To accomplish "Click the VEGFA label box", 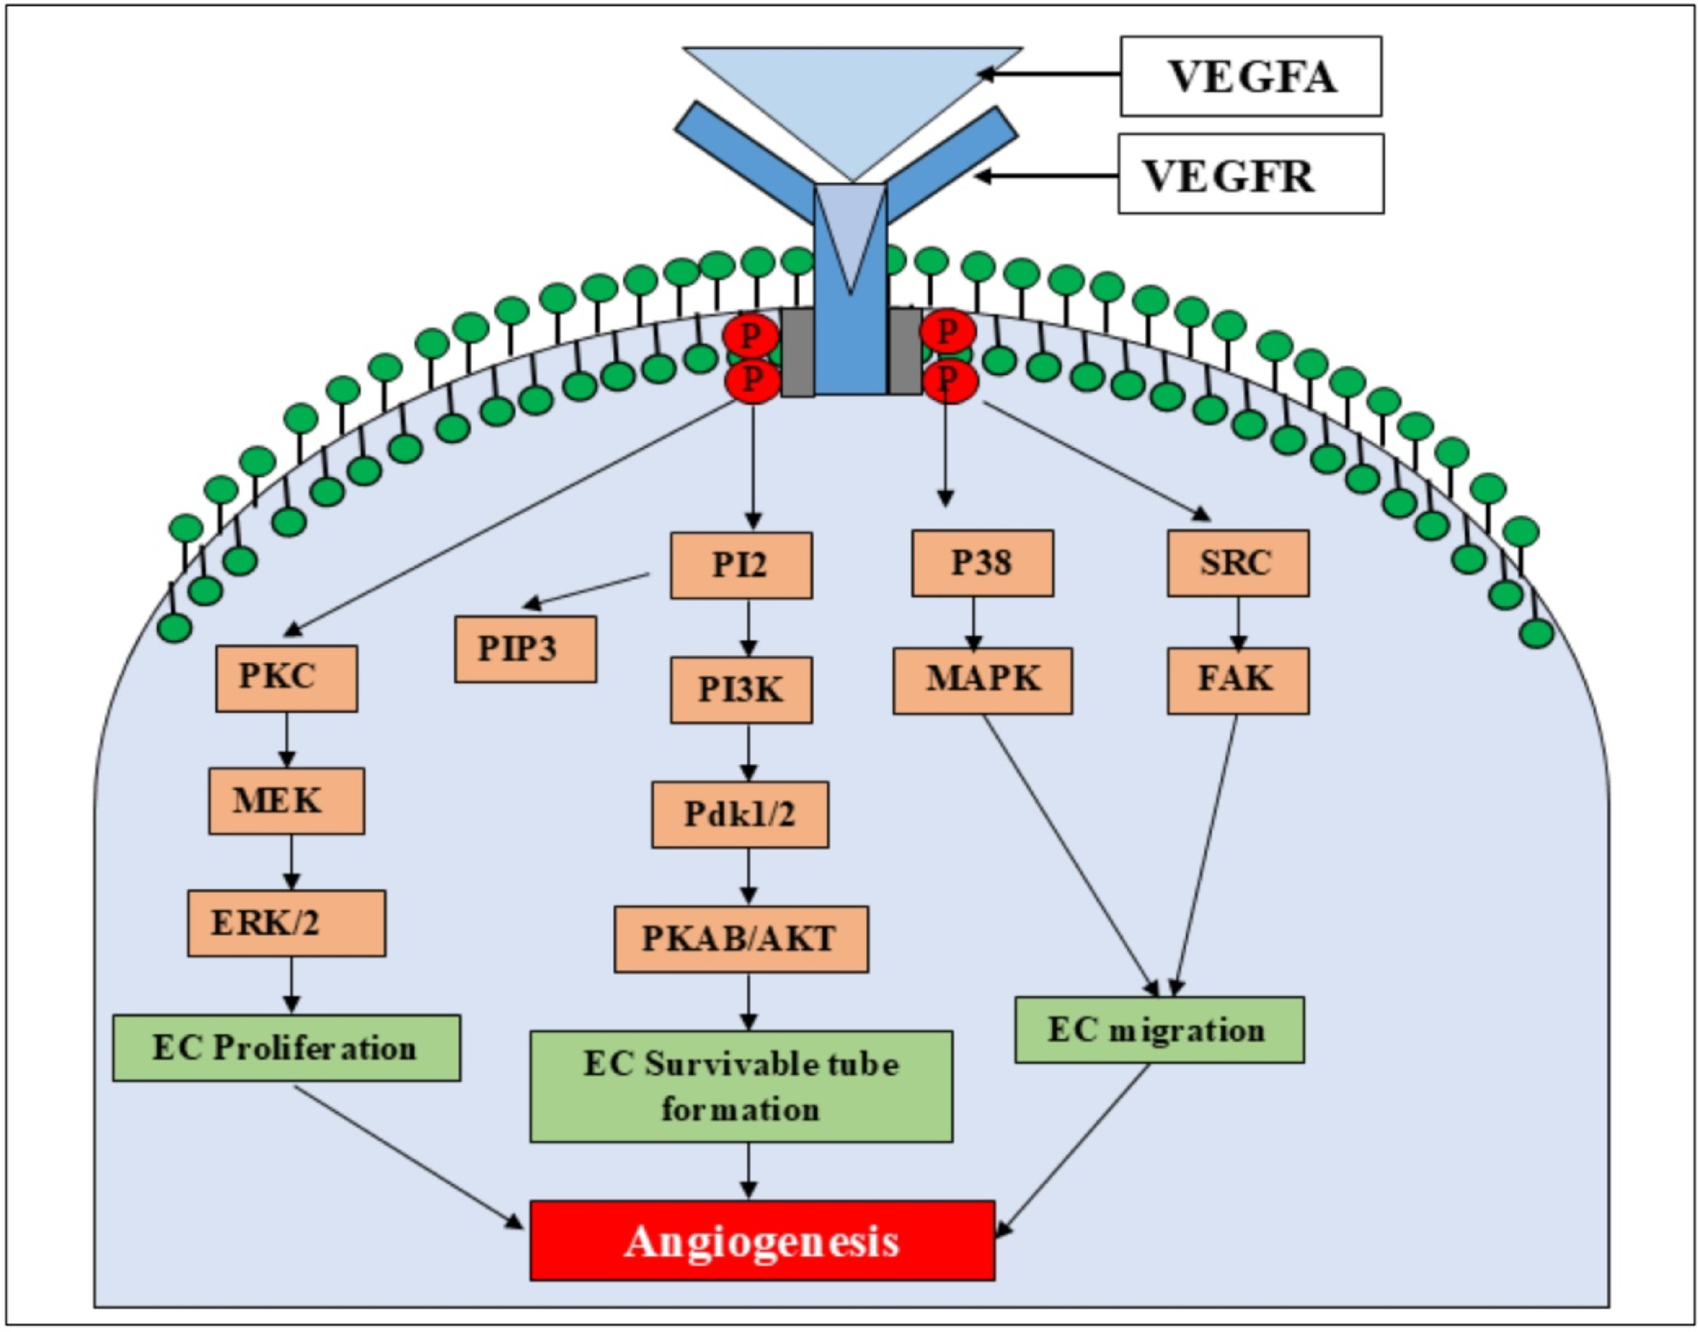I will pyautogui.click(x=1250, y=76).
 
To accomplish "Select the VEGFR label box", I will pyautogui.click(x=1250, y=174).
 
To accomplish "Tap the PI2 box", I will pyautogui.click(x=740, y=565).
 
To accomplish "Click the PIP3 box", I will pyautogui.click(x=525, y=649).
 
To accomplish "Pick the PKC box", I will pyautogui.click(x=285, y=678).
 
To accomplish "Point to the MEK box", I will pyautogui.click(x=285, y=801).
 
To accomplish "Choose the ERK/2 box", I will pyautogui.click(x=285, y=923).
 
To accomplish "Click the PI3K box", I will pyautogui.click(x=740, y=690).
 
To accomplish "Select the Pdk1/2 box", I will pyautogui.click(x=739, y=814).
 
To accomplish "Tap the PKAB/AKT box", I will pyautogui.click(x=740, y=939).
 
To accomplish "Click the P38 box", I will pyautogui.click(x=982, y=563).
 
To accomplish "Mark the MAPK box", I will pyautogui.click(x=982, y=680).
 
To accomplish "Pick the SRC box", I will pyautogui.click(x=1237, y=563).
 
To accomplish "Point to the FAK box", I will pyautogui.click(x=1237, y=680).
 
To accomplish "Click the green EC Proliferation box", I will pyautogui.click(x=285, y=1047).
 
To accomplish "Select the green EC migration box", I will pyautogui.click(x=1158, y=1030).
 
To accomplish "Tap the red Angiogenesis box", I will pyautogui.click(x=761, y=1240).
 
